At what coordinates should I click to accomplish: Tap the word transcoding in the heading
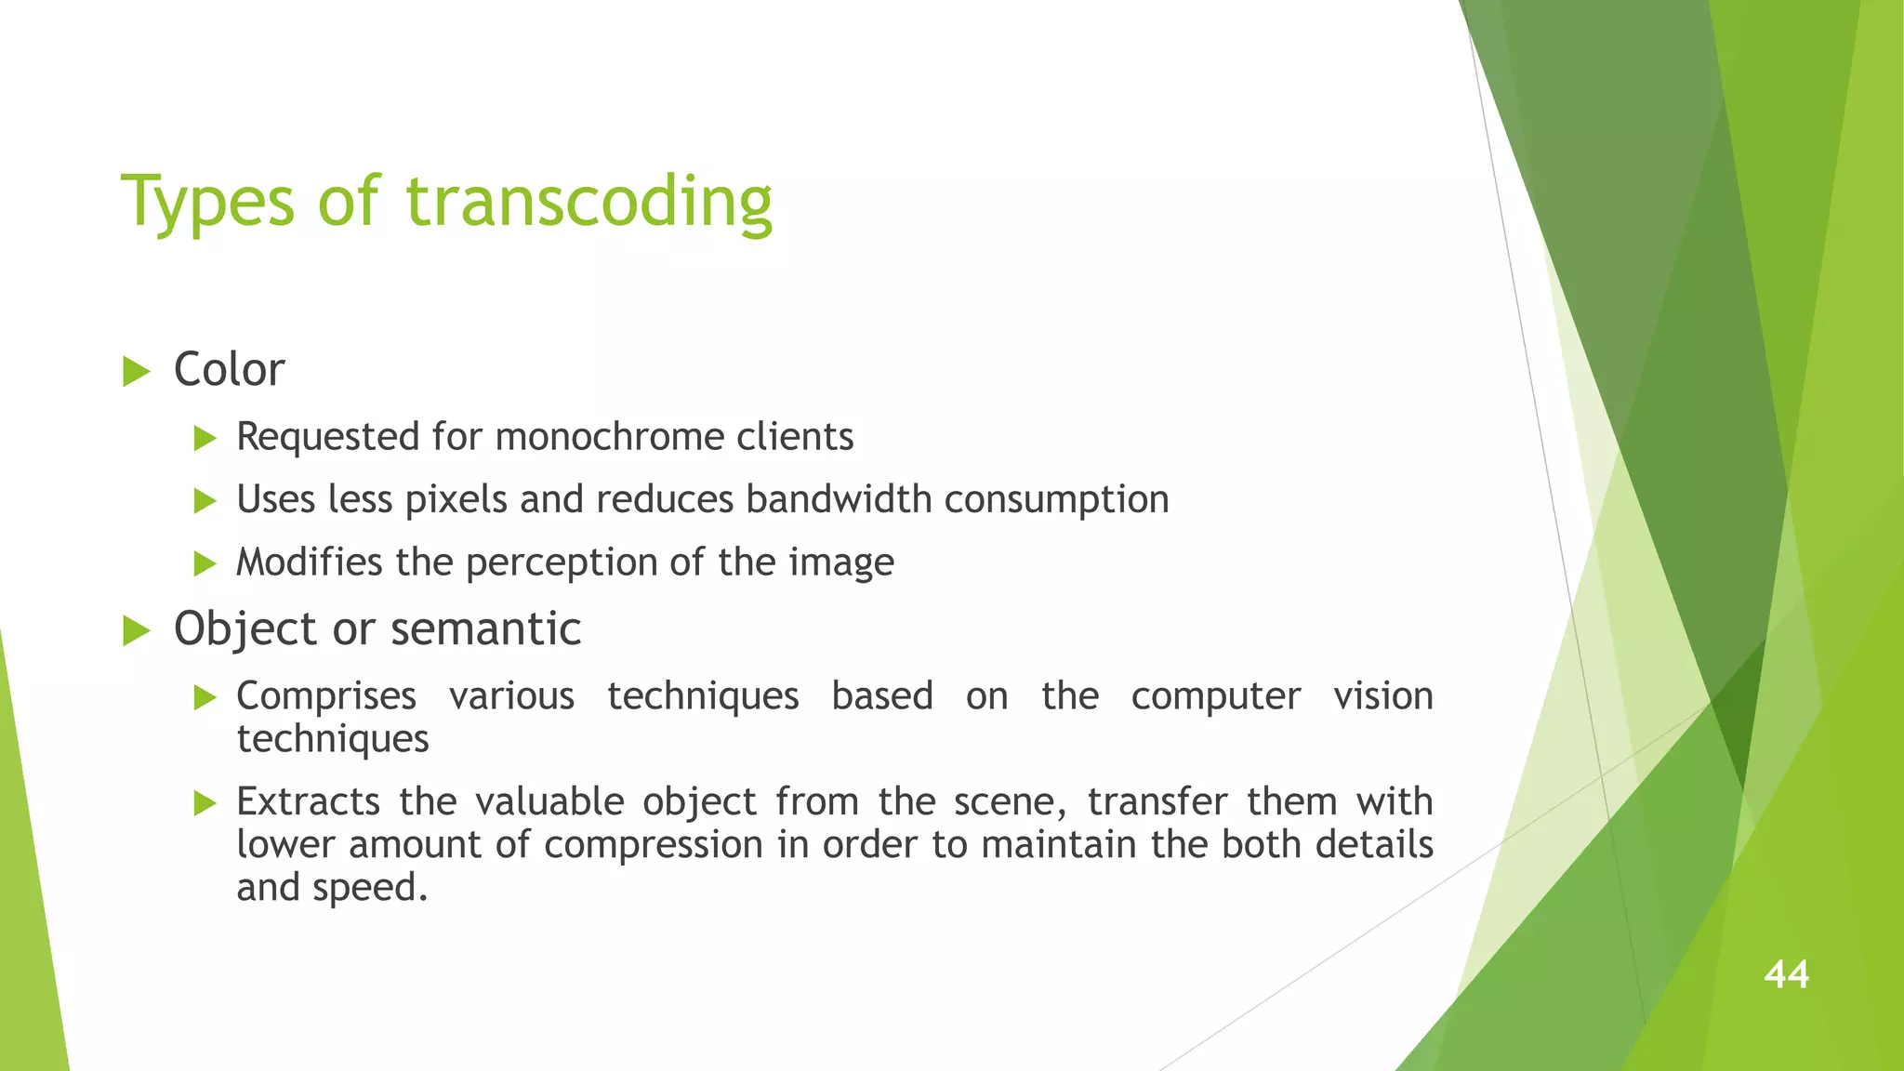pos(588,202)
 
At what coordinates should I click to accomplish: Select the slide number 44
pos(1786,974)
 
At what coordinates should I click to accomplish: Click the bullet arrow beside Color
pos(137,372)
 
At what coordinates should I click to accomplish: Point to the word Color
pos(229,370)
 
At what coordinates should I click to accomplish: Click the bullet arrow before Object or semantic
pos(137,631)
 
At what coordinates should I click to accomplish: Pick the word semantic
pos(485,629)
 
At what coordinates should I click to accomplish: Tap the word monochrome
pos(609,437)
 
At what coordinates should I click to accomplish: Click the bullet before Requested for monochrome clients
pos(205,438)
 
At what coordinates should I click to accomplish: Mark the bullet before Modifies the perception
pos(205,563)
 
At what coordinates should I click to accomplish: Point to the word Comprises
pos(326,696)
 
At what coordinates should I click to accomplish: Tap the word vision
pos(1382,695)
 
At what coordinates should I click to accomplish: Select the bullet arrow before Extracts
pos(205,803)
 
